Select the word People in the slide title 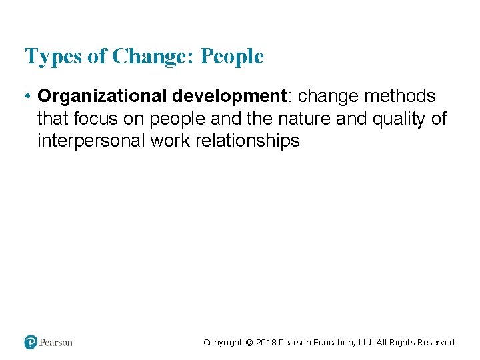pyautogui.click(x=232, y=57)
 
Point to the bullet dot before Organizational pyautogui.click(x=28, y=97)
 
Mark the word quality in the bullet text pyautogui.click(x=398, y=119)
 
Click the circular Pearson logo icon pyautogui.click(x=30, y=342)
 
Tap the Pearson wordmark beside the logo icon pyautogui.click(x=55, y=343)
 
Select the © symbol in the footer pyautogui.click(x=249, y=343)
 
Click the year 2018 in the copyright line pyautogui.click(x=265, y=343)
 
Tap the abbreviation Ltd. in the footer pyautogui.click(x=365, y=343)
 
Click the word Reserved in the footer pyautogui.click(x=435, y=343)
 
